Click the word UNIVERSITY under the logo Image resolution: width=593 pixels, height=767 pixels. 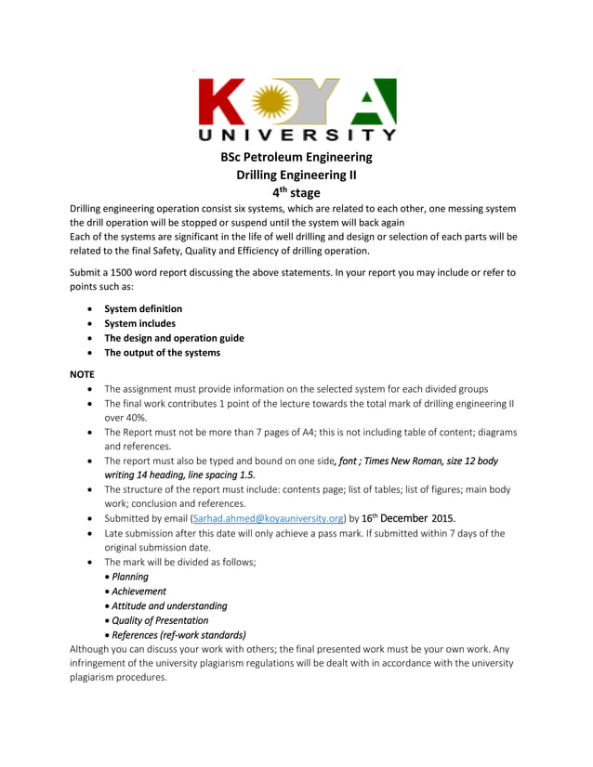[297, 136]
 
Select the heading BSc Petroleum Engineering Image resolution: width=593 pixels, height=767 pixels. [296, 157]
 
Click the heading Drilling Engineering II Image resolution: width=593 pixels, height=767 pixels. [296, 175]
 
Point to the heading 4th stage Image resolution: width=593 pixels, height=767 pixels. [296, 192]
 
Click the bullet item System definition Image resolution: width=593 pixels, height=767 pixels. [143, 308]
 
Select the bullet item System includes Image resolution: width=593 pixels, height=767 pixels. [139, 323]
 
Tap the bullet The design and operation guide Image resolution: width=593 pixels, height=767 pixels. [174, 338]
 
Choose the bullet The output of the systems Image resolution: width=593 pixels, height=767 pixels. [162, 353]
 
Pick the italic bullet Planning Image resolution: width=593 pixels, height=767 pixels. [130, 577]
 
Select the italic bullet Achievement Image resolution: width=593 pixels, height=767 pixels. [139, 591]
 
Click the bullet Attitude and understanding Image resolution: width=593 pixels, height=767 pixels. [169, 605]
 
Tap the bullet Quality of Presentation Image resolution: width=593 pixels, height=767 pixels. [160, 620]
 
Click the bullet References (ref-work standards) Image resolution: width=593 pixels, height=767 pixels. [178, 635]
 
